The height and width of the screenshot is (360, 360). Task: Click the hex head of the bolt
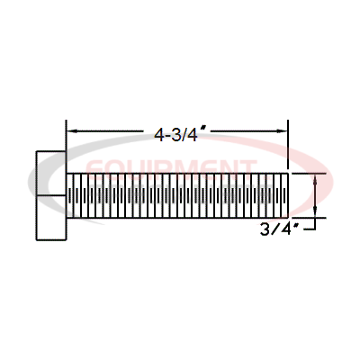click(x=50, y=195)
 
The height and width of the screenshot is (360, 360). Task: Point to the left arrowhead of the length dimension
click(x=72, y=132)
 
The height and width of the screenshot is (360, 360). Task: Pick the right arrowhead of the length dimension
click(x=281, y=132)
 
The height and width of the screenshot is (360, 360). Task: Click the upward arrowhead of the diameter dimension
click(x=315, y=178)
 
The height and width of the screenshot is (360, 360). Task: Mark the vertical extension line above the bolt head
click(x=66, y=135)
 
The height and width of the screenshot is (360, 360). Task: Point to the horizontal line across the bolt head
click(x=50, y=195)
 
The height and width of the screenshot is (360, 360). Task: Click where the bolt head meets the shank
click(x=67, y=195)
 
